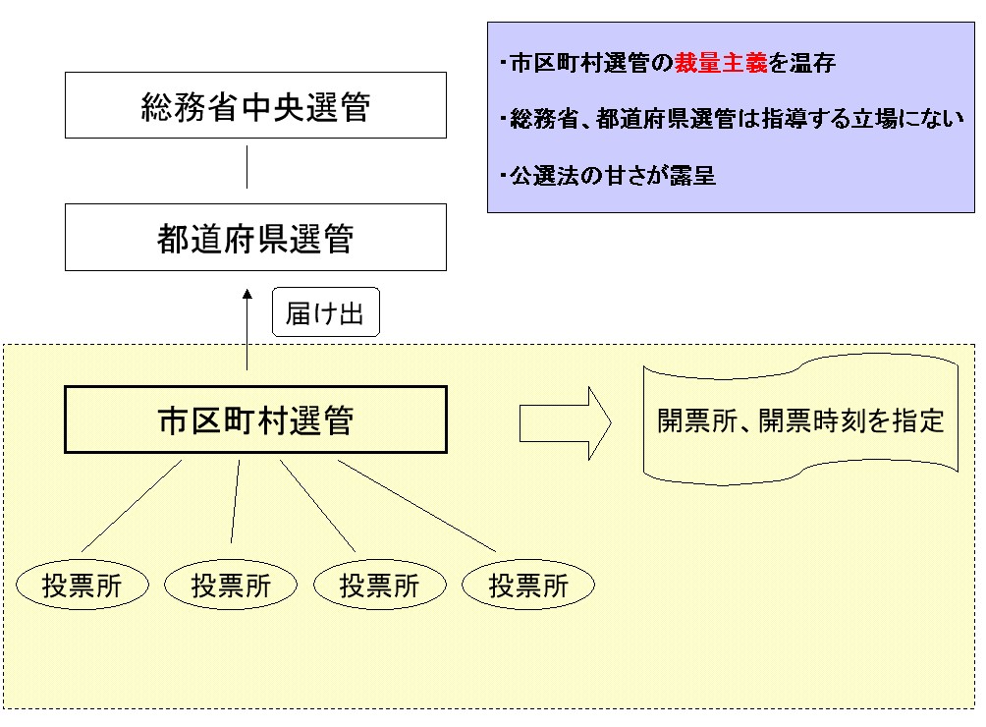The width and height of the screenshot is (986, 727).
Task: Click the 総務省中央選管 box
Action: coord(255,105)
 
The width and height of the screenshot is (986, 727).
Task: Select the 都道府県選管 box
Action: coord(255,238)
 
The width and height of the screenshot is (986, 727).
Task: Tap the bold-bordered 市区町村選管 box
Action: coord(255,419)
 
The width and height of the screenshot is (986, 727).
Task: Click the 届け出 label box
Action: coord(325,313)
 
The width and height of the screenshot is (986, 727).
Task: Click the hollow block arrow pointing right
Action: coord(565,422)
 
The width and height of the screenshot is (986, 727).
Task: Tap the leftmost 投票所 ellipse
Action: coord(82,586)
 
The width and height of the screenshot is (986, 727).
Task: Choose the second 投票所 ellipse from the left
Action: coord(231,586)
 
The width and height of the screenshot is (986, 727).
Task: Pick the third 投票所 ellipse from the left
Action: coord(380,586)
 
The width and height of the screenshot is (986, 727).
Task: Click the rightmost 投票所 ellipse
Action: coord(529,586)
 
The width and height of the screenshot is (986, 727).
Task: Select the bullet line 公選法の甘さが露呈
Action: coord(612,177)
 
